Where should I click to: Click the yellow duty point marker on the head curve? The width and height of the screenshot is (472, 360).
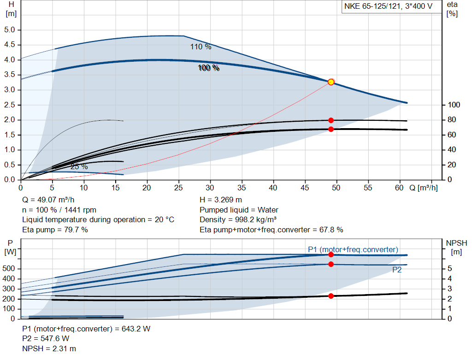point(331,82)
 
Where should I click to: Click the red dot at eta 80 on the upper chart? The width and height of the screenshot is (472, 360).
point(331,120)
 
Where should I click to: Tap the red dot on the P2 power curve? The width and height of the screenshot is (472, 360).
point(331,264)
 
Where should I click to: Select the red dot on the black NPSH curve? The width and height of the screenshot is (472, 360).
point(331,296)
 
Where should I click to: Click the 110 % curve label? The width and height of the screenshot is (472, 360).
point(201,47)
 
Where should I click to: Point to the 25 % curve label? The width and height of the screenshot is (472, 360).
point(79,166)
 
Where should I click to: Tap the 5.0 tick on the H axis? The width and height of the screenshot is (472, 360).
point(10,30)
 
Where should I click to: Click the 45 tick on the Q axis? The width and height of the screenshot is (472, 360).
point(305,188)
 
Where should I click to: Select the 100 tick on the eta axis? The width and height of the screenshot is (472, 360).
point(453,105)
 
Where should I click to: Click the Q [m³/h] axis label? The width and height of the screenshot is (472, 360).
point(424,188)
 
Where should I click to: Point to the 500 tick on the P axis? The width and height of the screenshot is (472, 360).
point(10,269)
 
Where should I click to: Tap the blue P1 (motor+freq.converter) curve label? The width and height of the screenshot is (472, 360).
point(353,249)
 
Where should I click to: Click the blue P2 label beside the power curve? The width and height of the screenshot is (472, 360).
point(397,270)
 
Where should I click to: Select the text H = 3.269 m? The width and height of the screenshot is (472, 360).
point(221,200)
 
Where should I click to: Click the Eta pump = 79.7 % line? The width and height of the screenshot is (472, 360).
point(55,230)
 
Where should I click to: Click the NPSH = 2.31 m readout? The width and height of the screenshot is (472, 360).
point(49,349)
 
